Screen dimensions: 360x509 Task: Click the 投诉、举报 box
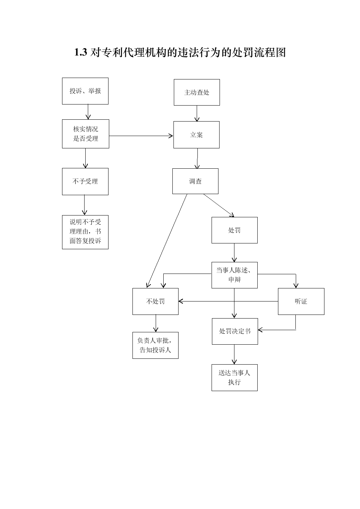click(85, 91)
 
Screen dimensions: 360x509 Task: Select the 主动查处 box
click(197, 92)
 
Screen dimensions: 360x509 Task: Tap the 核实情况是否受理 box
click(85, 134)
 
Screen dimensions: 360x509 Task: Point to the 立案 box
click(196, 135)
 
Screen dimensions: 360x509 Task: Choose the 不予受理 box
click(85, 181)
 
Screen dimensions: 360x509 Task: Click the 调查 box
click(196, 181)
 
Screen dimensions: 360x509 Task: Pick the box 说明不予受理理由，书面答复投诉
click(85, 232)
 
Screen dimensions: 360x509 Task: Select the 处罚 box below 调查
click(234, 230)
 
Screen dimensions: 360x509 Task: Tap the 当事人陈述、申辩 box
click(234, 275)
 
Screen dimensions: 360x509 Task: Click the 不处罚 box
click(155, 301)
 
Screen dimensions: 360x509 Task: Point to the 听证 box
click(301, 301)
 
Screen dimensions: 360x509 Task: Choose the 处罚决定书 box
click(235, 331)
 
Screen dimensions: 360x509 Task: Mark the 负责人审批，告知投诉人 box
click(155, 345)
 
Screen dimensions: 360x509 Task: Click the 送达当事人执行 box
click(234, 378)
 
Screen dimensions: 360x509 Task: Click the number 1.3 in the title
click(81, 52)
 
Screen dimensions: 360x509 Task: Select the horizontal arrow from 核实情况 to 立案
click(141, 136)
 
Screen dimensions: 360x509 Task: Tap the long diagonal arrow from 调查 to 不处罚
click(167, 241)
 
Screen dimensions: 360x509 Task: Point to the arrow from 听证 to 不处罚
click(228, 301)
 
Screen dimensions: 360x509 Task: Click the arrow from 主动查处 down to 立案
click(197, 114)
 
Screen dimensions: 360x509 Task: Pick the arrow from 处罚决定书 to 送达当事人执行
click(234, 354)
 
